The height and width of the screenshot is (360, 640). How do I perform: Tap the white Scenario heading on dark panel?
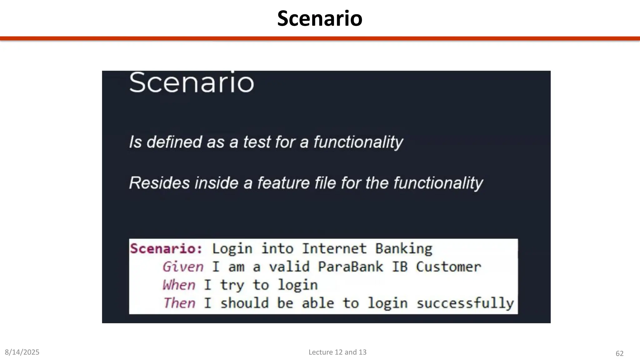pos(192,82)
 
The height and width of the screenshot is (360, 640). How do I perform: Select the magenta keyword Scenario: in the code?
pos(166,249)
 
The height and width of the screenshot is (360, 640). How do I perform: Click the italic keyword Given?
pos(183,267)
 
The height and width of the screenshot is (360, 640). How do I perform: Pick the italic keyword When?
pos(179,285)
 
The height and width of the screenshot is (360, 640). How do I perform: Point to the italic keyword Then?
pos(179,303)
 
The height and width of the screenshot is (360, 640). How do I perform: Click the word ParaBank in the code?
pos(350,267)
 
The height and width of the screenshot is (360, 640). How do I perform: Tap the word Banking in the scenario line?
pos(404,249)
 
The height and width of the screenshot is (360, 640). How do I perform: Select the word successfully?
pos(465,303)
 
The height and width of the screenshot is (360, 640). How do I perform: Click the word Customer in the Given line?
pos(448,267)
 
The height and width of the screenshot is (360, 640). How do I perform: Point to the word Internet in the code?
pos(334,249)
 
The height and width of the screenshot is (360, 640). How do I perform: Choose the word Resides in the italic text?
pos(159,183)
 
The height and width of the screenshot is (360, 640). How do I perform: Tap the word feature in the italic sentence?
pos(283,183)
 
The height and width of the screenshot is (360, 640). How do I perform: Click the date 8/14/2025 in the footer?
pos(22,352)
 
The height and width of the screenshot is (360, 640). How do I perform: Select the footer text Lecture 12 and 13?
pos(337,352)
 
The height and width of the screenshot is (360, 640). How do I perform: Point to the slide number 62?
pos(619,353)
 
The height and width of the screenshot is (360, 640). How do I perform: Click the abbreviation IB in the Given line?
pos(400,267)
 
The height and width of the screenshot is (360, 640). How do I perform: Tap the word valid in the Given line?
pos(289,267)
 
